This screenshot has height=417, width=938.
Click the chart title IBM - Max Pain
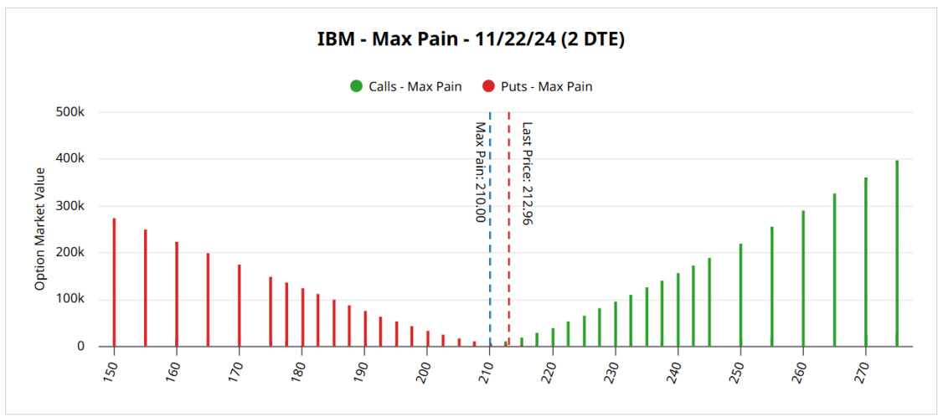pyautogui.click(x=469, y=39)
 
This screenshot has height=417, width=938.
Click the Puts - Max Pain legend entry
pyautogui.click(x=538, y=86)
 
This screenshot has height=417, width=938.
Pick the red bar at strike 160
pyautogui.click(x=177, y=294)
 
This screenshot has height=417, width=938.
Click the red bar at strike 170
pyautogui.click(x=240, y=306)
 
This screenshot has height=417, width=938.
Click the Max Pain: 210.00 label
pyautogui.click(x=480, y=172)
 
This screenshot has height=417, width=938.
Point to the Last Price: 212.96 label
pyautogui.click(x=527, y=173)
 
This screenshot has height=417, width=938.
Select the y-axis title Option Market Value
pyautogui.click(x=39, y=229)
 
